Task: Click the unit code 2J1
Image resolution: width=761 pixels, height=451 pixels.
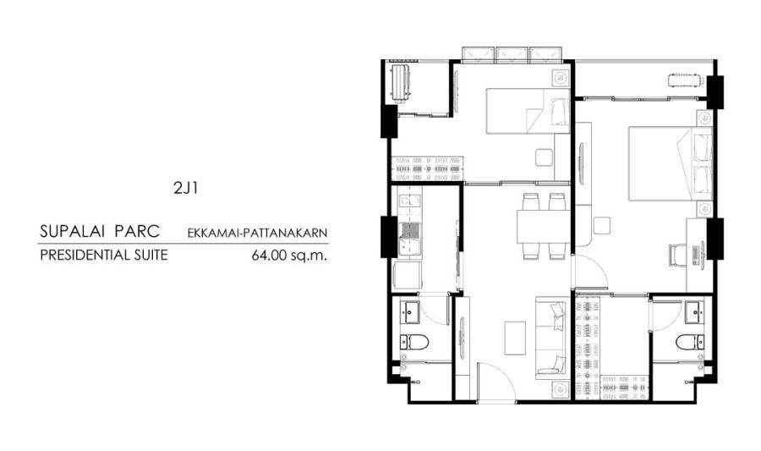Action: click(185, 189)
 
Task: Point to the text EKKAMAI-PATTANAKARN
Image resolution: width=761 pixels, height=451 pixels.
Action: click(257, 234)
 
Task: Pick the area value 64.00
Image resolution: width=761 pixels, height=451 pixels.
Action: click(267, 256)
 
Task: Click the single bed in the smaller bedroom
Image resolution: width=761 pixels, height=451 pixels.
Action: click(528, 111)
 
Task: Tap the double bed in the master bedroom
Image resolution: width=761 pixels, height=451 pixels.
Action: click(671, 163)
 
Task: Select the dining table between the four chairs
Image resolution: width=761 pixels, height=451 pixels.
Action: click(544, 226)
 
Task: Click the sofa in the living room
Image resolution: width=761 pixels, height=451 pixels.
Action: click(551, 338)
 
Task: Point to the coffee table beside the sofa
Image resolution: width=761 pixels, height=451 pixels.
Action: click(515, 338)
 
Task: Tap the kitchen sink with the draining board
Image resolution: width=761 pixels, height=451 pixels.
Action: click(410, 239)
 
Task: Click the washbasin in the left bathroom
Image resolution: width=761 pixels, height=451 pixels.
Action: click(410, 311)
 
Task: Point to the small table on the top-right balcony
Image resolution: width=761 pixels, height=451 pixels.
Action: click(685, 80)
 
